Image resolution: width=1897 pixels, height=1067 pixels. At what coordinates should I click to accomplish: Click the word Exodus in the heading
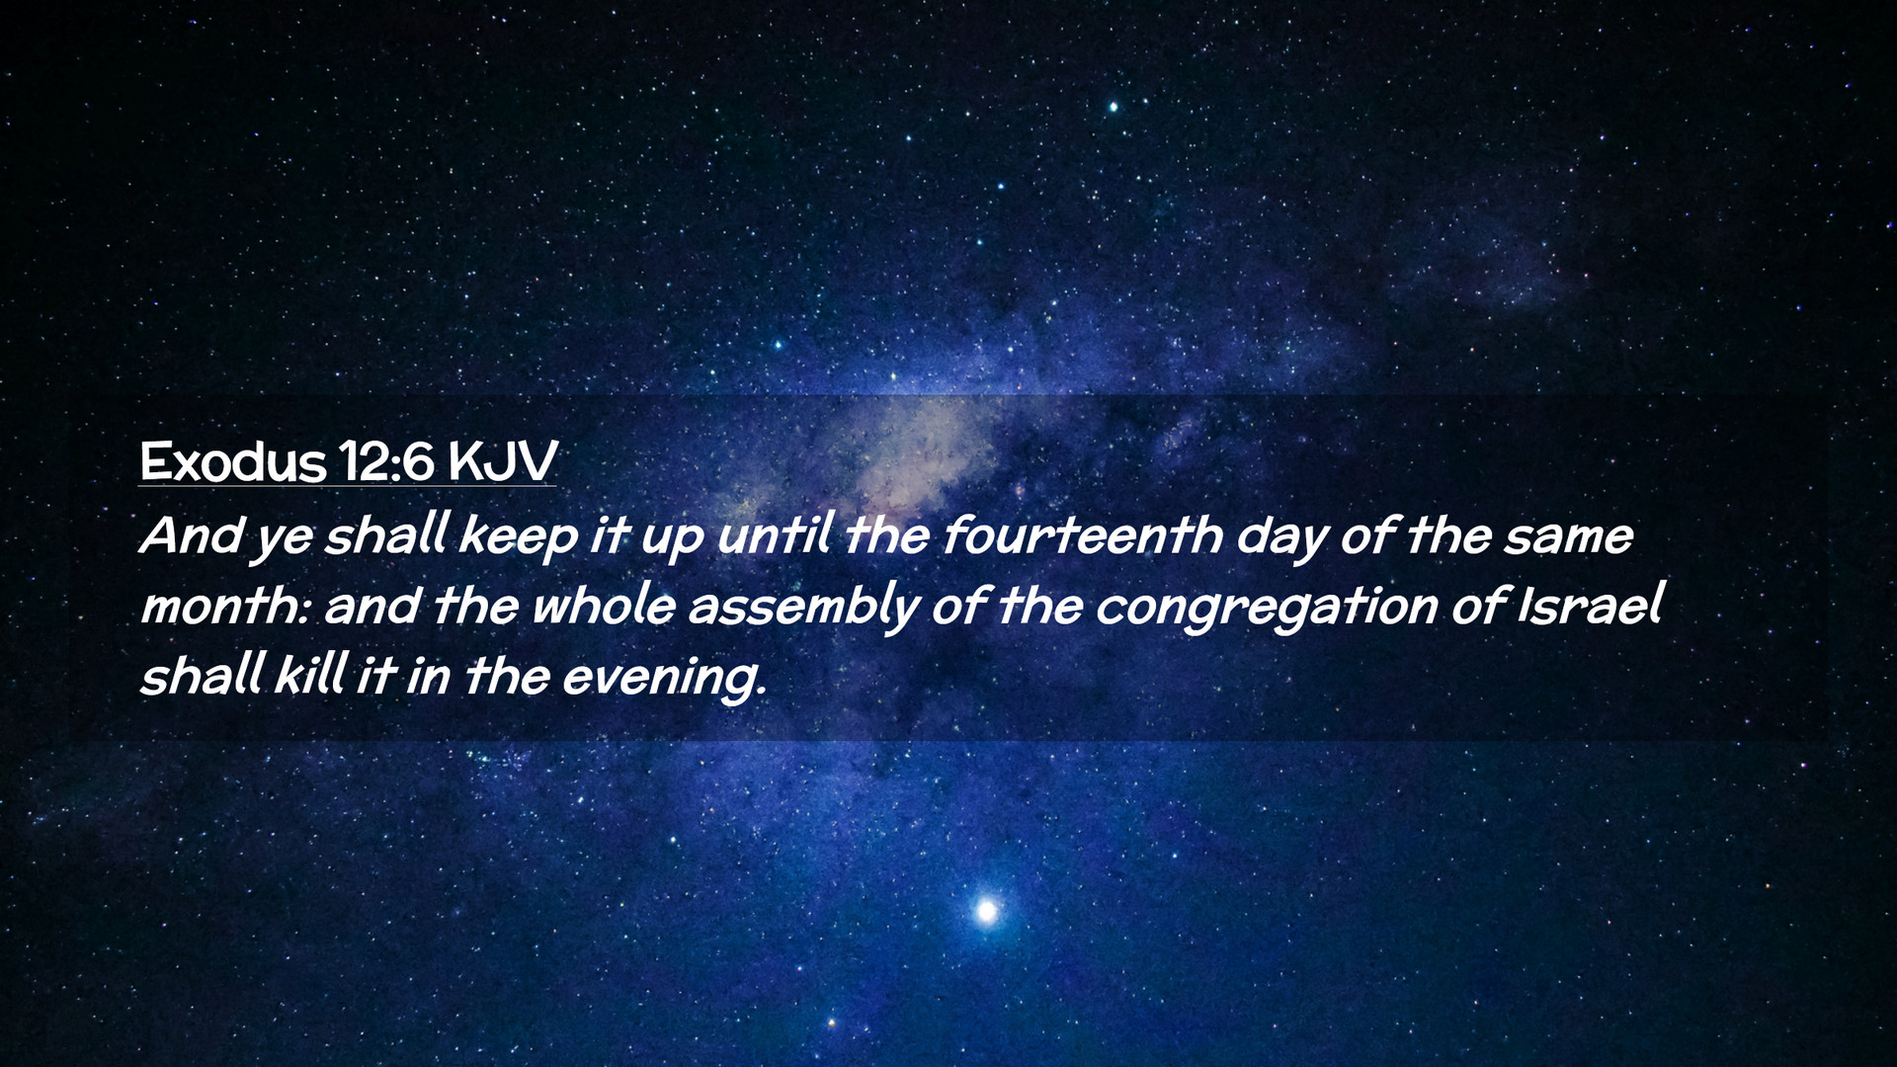[232, 461]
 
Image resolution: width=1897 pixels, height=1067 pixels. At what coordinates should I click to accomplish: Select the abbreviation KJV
[503, 461]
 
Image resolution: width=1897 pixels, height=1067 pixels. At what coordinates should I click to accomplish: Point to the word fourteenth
[1082, 535]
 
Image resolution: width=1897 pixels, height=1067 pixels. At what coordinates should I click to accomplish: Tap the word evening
[664, 678]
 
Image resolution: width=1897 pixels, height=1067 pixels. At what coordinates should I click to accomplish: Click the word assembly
[802, 607]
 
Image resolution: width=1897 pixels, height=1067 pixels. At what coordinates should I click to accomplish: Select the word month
[227, 605]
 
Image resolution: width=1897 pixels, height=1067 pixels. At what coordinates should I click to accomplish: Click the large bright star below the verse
[985, 910]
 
